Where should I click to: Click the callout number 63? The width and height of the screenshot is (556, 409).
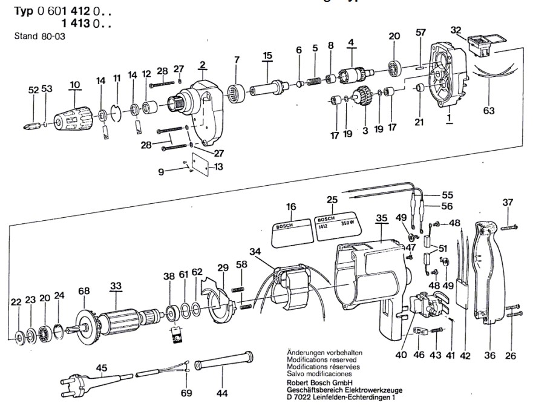click(x=488, y=111)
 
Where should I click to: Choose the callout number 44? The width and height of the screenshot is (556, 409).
click(x=223, y=394)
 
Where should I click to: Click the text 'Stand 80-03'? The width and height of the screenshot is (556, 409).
click(x=39, y=36)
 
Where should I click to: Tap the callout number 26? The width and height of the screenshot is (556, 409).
click(x=511, y=356)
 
